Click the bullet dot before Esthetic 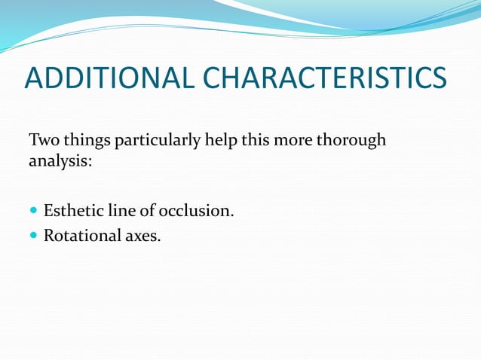[34, 212]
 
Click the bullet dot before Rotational [34, 236]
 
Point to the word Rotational [80, 236]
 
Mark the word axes [141, 236]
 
